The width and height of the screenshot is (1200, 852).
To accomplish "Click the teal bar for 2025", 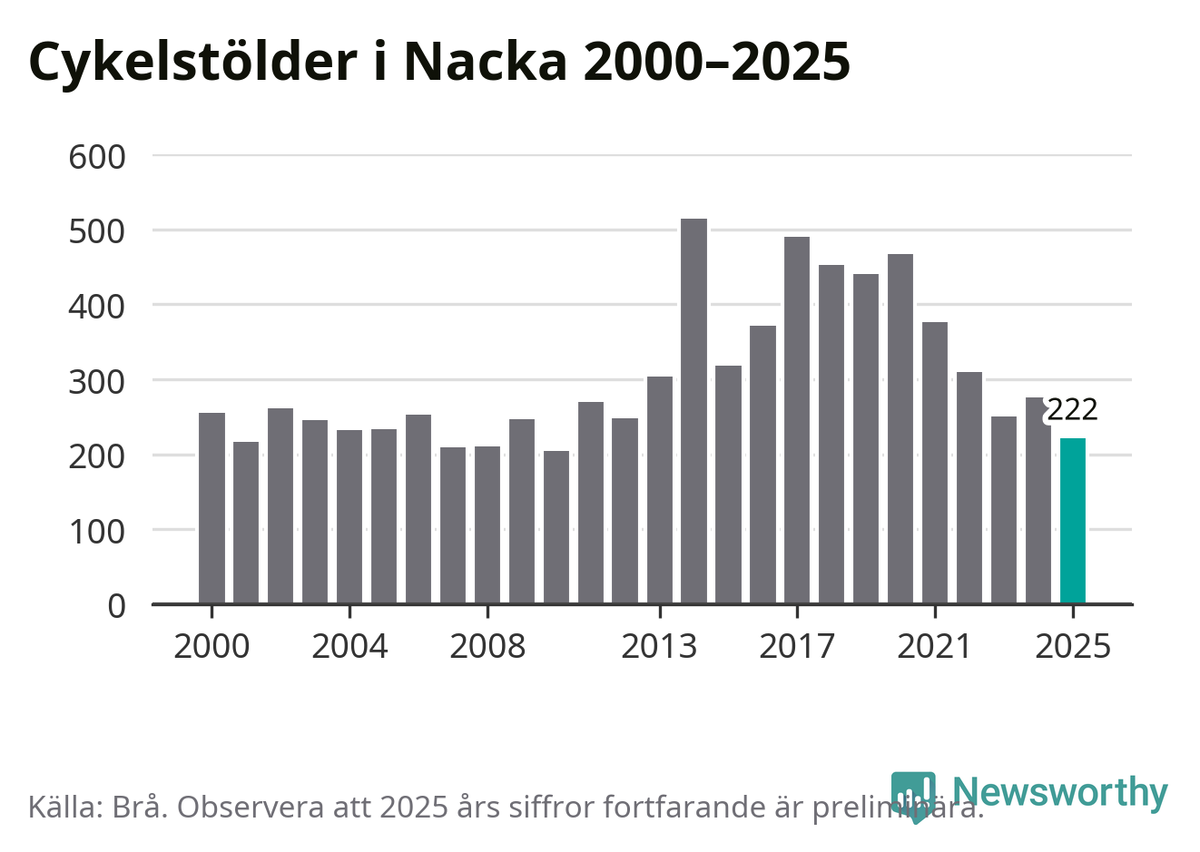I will pos(1072,521).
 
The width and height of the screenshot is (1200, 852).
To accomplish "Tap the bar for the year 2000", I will pos(211,508).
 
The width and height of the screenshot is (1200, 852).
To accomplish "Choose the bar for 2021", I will pos(935,463).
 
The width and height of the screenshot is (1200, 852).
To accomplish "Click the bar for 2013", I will pos(660,490).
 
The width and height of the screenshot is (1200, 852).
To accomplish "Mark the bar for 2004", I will pos(349,516).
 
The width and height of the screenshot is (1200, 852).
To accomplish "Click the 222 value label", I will pos(1072,410).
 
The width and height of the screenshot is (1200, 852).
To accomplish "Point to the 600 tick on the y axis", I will pos(97,156).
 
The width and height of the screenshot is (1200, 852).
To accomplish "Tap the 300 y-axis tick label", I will pos(97,381).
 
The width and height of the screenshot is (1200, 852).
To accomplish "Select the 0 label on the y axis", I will pos(116,605).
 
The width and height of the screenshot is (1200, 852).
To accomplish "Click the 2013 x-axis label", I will pos(659,647).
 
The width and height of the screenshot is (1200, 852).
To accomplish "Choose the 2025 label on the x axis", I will pos(1072,647).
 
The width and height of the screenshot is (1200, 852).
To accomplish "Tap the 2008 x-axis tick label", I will pos(487,647).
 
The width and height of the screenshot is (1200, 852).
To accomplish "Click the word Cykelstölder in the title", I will pos(192,62).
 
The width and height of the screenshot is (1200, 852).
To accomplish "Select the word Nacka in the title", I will pos(485,62).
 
